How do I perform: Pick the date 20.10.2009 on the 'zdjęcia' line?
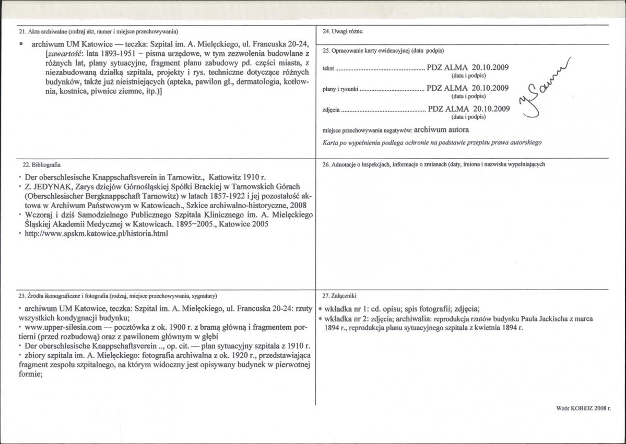click(x=491, y=109)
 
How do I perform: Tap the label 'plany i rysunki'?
click(x=340, y=89)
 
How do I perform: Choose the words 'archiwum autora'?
click(x=443, y=129)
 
